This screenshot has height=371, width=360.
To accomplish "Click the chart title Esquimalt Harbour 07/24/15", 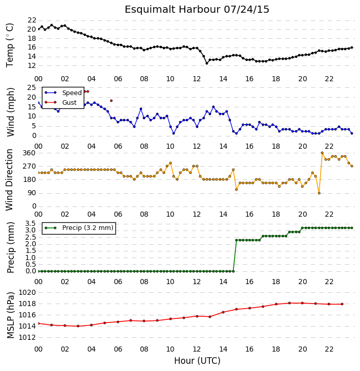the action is [197, 10].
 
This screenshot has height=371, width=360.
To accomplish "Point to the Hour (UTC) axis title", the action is [197, 361].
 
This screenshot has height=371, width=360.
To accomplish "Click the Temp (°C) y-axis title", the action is [10, 45].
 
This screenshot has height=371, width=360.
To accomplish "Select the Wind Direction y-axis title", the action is [9, 180].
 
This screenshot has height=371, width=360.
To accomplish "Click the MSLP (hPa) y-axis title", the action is [11, 315].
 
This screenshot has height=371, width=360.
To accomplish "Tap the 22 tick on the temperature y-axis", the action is [32, 20].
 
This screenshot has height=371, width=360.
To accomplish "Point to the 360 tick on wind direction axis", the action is [29, 153].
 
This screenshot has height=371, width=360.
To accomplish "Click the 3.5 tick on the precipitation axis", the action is [31, 224].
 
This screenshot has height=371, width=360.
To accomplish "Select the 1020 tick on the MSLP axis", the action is [27, 292].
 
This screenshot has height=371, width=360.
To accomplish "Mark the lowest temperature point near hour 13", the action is [207, 63].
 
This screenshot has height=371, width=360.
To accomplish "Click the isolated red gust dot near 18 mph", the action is [111, 101].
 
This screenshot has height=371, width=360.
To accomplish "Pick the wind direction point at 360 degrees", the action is [322, 153].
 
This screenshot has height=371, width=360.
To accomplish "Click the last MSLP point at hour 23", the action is [342, 304].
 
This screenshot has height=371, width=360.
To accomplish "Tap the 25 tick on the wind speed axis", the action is [32, 87].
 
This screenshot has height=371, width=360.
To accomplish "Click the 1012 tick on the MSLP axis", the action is [27, 337].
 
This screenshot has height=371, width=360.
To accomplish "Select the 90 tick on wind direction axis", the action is [32, 193].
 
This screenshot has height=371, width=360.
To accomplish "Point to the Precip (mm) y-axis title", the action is [11, 248].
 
